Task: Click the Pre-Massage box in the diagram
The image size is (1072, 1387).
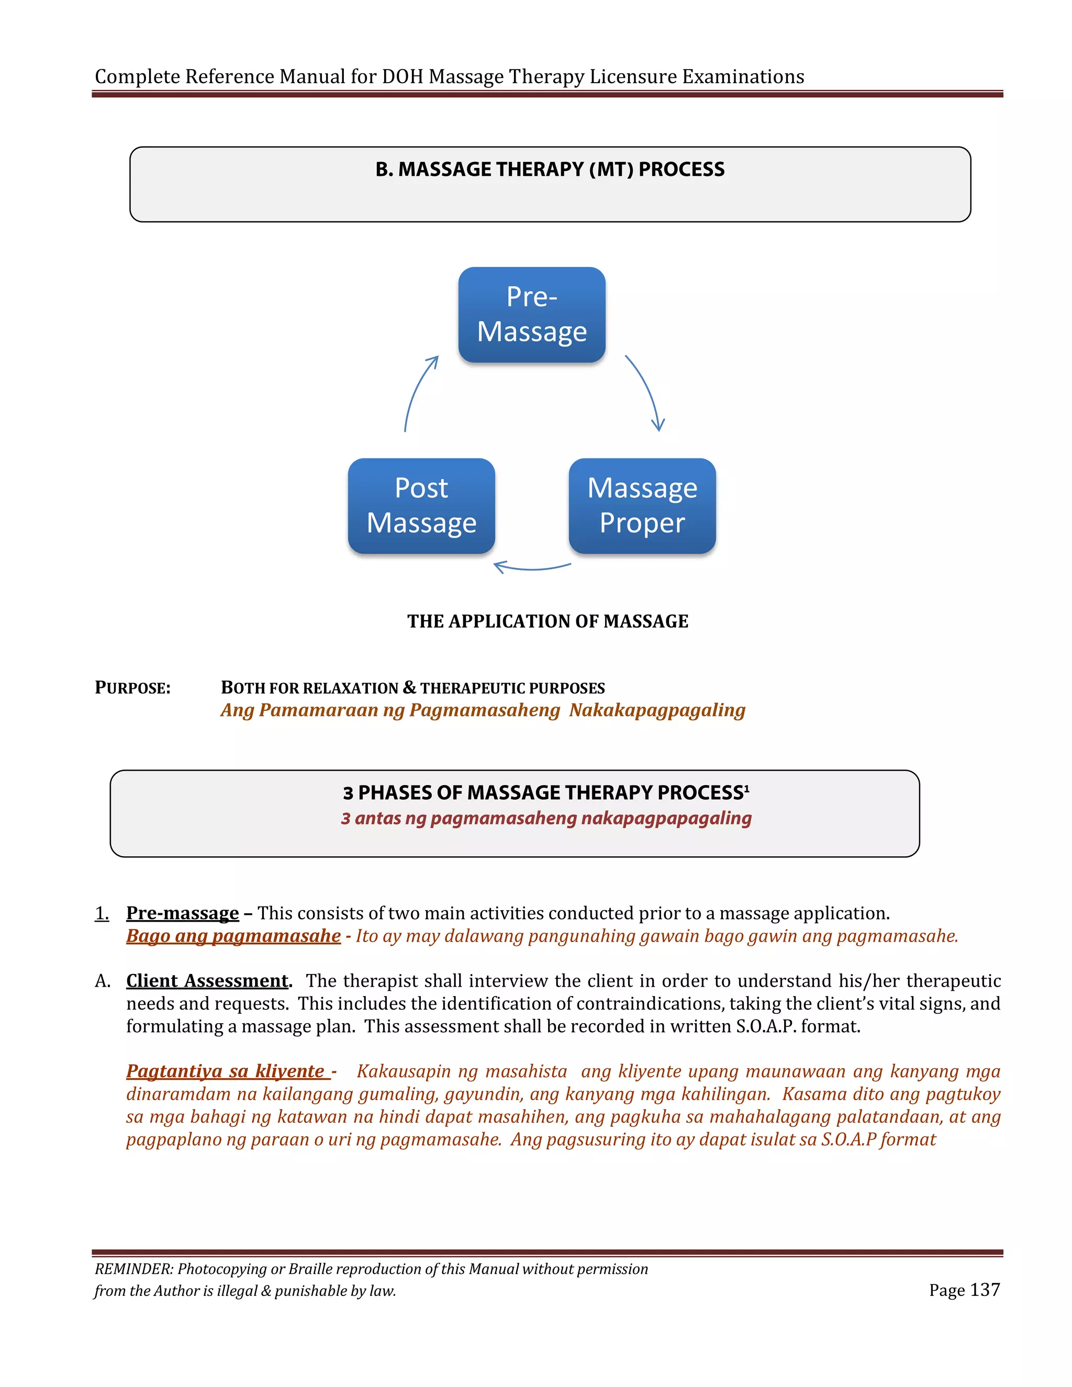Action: pos(532,315)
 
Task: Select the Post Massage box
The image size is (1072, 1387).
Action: pos(421,506)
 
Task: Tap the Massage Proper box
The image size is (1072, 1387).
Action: pos(642,506)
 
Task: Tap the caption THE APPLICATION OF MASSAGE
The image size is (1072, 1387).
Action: pos(548,621)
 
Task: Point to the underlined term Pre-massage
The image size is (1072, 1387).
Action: pos(182,913)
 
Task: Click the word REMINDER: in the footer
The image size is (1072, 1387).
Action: pos(133,1269)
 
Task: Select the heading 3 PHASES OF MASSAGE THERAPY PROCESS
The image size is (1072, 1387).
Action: pos(543,792)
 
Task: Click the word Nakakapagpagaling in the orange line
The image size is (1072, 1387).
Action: pos(657,710)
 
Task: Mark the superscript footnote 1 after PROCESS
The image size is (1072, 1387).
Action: pos(747,788)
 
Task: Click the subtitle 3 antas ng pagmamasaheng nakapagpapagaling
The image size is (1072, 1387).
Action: pos(546,818)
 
